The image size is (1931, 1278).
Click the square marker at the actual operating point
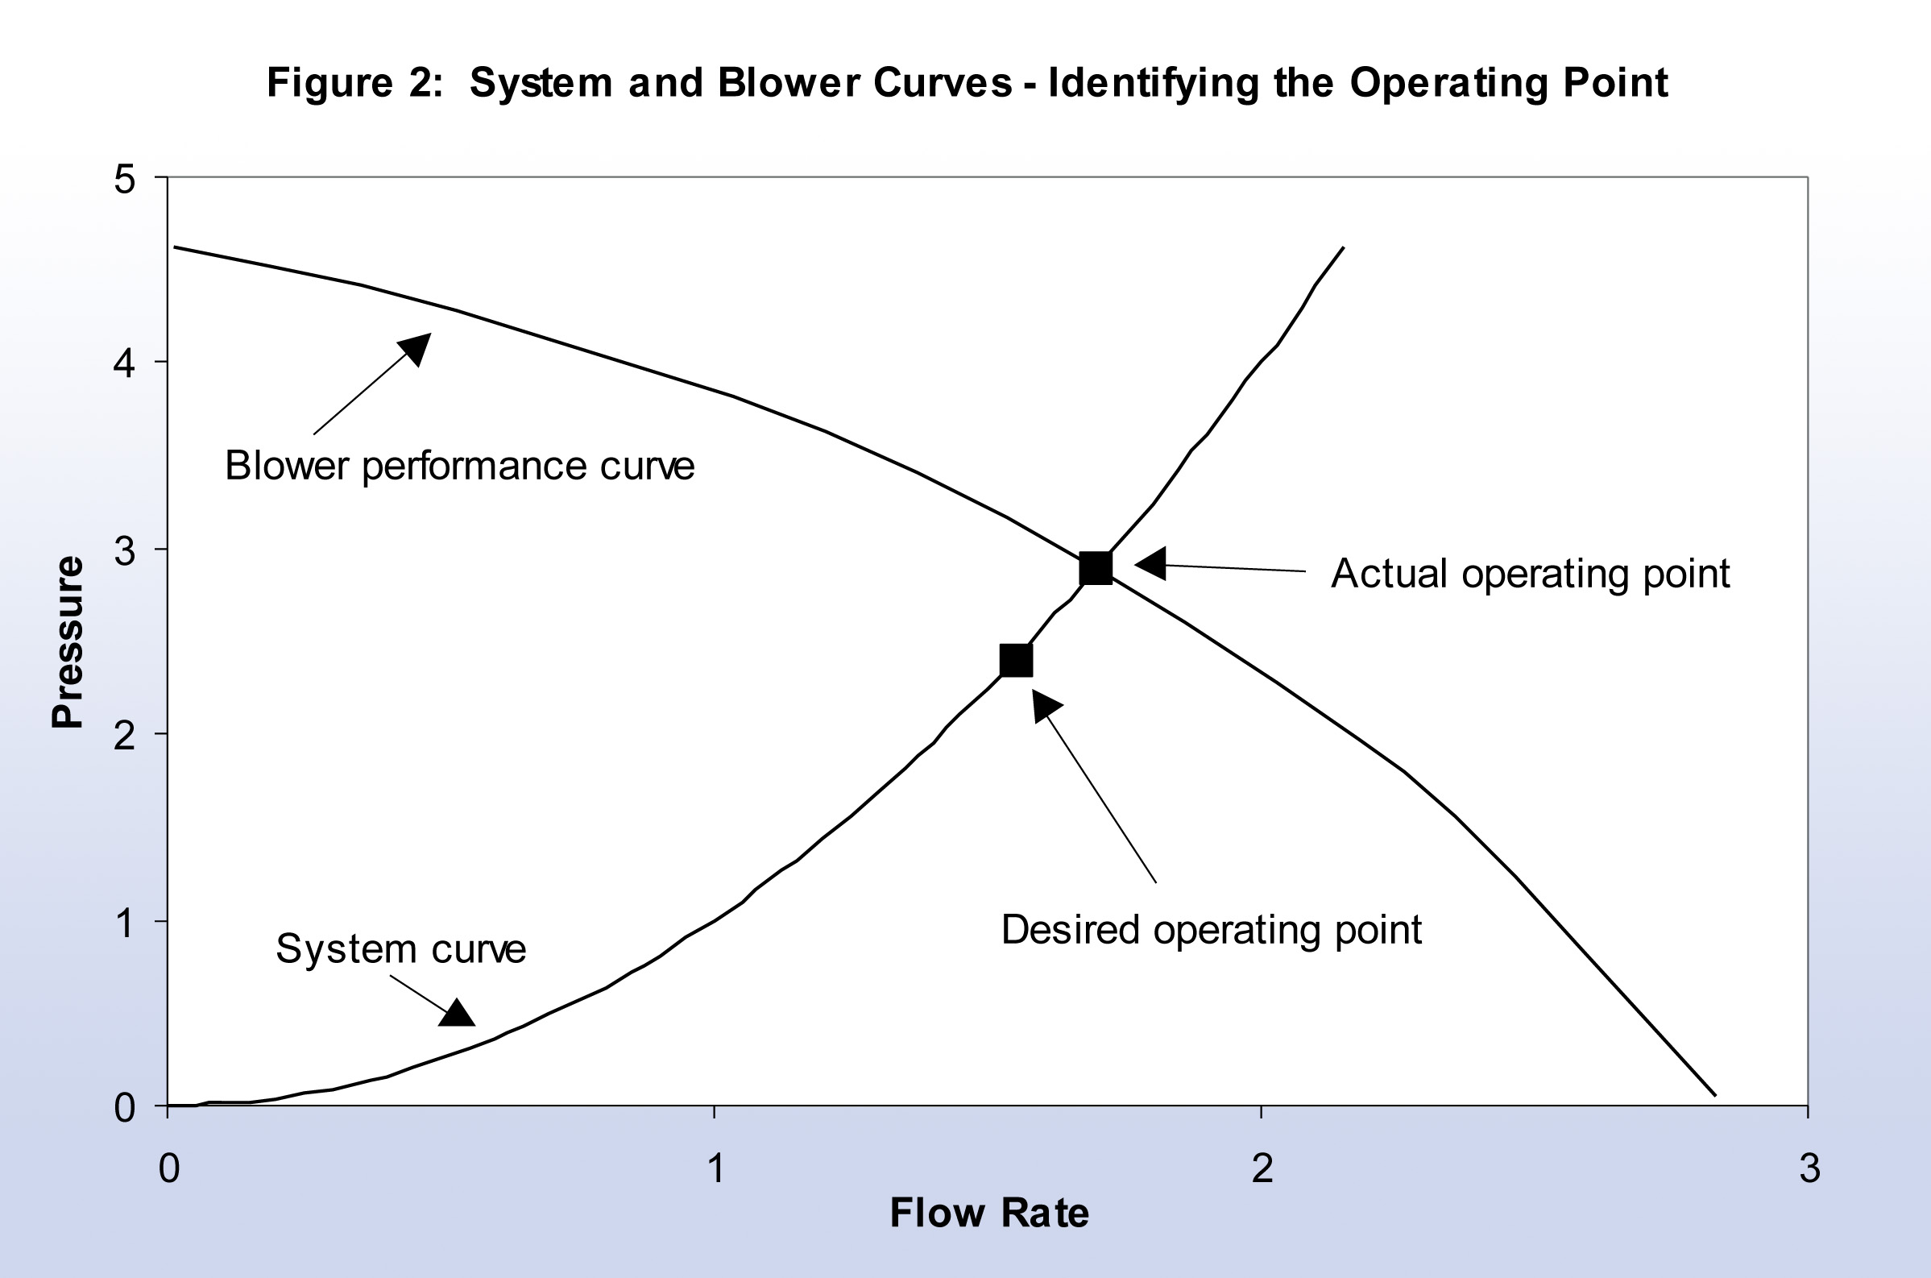click(x=1095, y=568)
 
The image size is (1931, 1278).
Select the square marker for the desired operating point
click(x=1015, y=660)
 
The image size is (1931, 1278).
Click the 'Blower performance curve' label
click(x=459, y=467)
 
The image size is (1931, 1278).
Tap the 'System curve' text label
click(x=401, y=948)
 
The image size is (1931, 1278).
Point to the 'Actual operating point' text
click(x=1530, y=574)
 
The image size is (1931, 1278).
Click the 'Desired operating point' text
click(x=1211, y=930)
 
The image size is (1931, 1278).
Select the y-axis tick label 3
click(x=124, y=552)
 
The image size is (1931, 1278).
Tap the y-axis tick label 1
click(x=124, y=923)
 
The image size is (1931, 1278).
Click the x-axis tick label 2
click(x=1262, y=1168)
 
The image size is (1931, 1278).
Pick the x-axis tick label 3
click(x=1809, y=1168)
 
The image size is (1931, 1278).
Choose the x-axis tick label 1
click(x=715, y=1168)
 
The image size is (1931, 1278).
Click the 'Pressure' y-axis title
click(x=67, y=641)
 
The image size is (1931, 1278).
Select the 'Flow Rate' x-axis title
click(x=988, y=1213)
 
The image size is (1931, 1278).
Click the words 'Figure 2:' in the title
click(x=354, y=83)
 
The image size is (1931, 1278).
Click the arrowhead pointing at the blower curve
click(x=416, y=347)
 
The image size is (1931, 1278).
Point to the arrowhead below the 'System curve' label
click(x=457, y=1014)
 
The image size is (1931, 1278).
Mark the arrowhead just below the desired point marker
click(x=1044, y=704)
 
